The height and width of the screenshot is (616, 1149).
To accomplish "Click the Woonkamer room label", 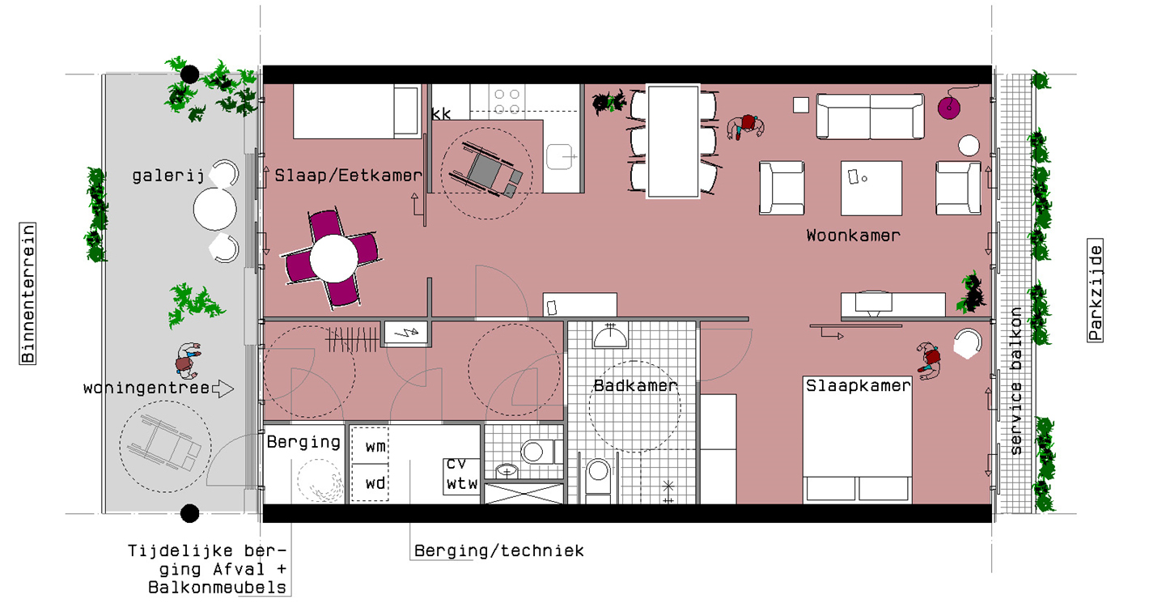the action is click(853, 236).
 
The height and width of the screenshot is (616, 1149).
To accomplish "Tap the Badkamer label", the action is click(635, 385).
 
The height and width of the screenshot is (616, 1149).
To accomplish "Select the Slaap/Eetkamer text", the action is click(348, 176).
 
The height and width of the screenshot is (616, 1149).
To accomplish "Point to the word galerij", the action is click(167, 176).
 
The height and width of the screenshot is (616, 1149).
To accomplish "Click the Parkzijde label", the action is click(1095, 290).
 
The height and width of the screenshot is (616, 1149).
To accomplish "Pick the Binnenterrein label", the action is click(28, 293).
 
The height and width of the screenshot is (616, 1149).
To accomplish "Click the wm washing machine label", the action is click(375, 447).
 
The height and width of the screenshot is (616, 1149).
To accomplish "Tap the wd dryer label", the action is click(375, 483).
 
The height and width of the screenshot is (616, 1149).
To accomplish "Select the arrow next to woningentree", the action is click(223, 389).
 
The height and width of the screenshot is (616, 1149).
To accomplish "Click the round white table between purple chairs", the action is click(333, 258).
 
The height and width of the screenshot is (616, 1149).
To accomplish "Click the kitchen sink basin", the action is click(560, 156).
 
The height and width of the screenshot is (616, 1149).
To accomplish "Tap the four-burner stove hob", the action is click(507, 101).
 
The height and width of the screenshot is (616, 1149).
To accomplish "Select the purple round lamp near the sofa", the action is click(949, 108).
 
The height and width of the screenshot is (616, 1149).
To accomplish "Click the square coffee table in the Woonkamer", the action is click(871, 188).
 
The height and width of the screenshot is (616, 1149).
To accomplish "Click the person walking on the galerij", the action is click(187, 360).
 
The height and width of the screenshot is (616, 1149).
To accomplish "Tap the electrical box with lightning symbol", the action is click(405, 333).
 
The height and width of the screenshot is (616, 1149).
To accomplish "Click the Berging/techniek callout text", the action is click(498, 550).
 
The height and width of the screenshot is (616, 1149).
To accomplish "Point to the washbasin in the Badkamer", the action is click(610, 336).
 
